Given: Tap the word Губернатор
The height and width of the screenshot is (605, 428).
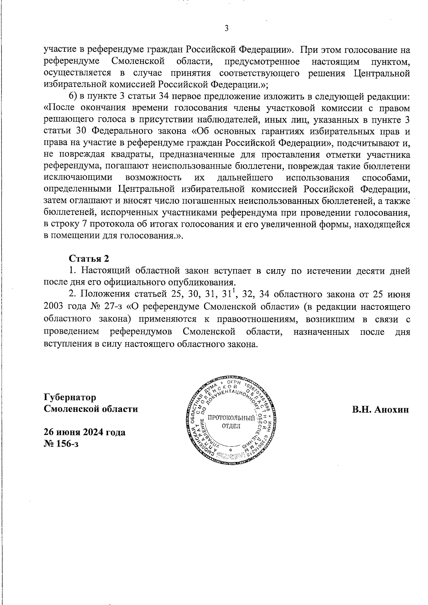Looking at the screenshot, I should (70, 397).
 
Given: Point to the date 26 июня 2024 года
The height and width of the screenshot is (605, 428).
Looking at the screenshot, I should (85, 432).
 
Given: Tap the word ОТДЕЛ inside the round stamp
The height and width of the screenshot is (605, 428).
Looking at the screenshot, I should (231, 426).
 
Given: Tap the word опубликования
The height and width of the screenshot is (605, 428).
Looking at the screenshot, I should (201, 283).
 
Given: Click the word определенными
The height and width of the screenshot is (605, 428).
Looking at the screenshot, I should (77, 189).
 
